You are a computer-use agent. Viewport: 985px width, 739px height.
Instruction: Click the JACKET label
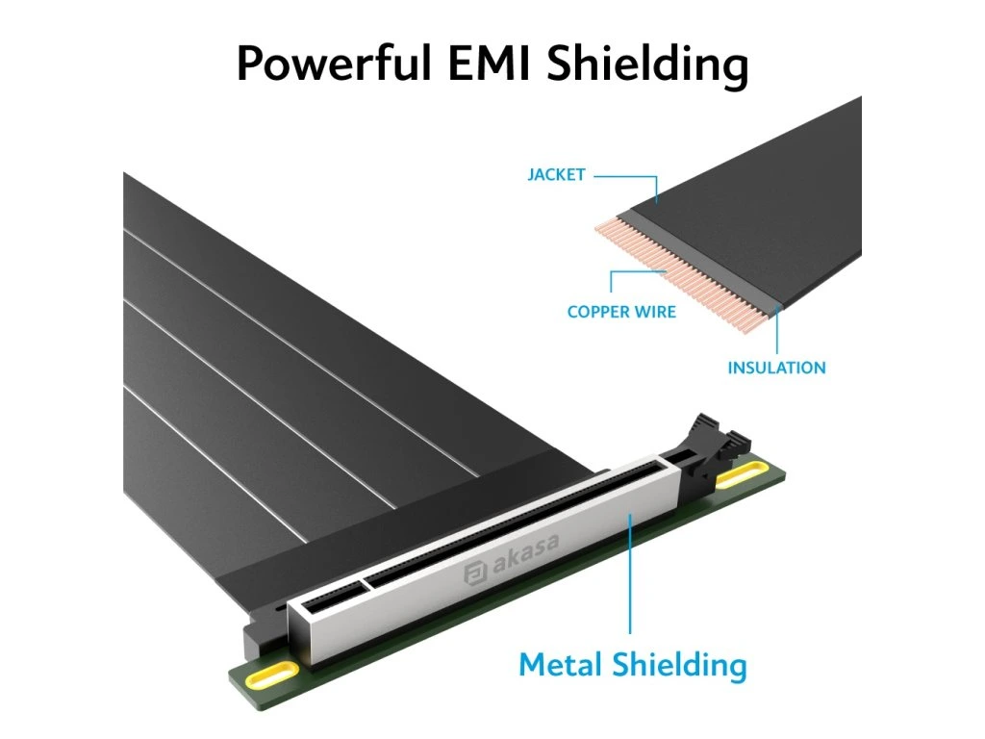pyautogui.click(x=556, y=175)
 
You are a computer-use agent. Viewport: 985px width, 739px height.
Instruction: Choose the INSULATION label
pyautogui.click(x=776, y=368)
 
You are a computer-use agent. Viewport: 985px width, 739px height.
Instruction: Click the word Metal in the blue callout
pyautogui.click(x=561, y=664)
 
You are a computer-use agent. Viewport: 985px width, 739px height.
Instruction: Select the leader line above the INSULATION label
pyautogui.click(x=776, y=332)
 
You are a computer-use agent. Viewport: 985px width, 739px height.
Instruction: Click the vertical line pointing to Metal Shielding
pyautogui.click(x=631, y=577)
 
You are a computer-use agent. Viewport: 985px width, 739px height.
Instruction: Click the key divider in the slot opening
pyautogui.click(x=366, y=582)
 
